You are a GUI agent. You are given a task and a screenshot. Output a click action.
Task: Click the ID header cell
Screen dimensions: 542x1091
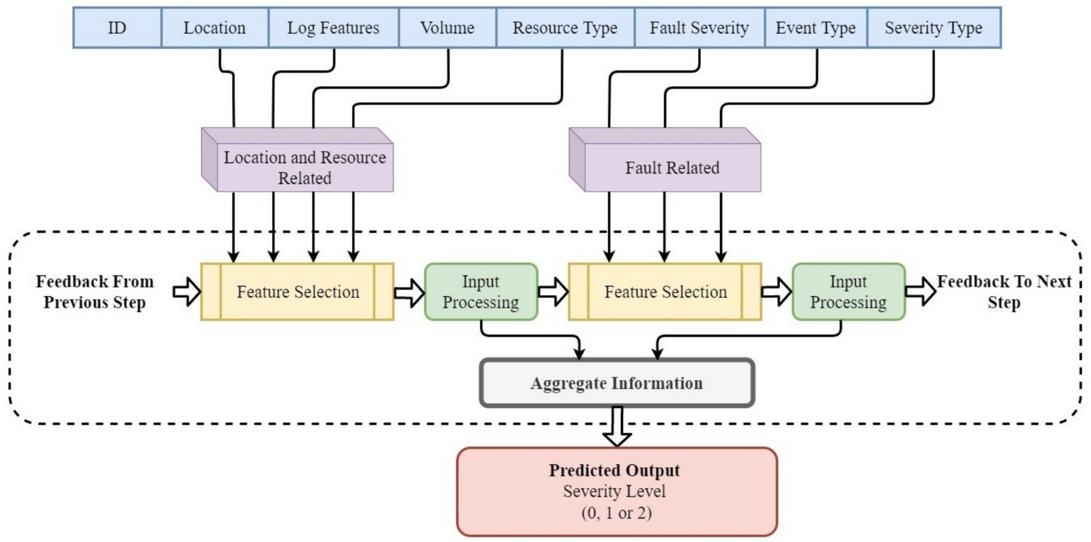coord(117,28)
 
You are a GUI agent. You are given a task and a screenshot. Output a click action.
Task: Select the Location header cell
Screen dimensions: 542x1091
coord(214,28)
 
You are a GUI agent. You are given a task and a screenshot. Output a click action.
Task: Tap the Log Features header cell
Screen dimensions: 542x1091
coord(333,28)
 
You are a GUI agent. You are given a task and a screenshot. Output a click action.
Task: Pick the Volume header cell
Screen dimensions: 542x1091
coord(447,28)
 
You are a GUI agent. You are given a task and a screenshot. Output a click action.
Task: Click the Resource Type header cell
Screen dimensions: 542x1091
coord(565,28)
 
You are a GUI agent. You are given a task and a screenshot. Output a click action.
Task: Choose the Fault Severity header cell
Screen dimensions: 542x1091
coord(699,28)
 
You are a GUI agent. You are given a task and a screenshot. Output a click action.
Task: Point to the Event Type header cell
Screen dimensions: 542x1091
coord(816,28)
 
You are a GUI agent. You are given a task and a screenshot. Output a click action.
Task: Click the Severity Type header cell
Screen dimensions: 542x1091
coord(933,28)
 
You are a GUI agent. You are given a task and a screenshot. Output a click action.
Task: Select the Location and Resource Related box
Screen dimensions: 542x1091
coord(305,167)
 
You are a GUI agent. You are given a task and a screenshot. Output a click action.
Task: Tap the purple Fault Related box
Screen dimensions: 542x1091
coord(672,167)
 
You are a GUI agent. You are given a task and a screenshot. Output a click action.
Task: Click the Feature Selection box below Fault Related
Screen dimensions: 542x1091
coord(665,292)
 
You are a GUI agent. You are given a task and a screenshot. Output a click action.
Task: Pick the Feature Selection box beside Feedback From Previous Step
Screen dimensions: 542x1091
coord(297,292)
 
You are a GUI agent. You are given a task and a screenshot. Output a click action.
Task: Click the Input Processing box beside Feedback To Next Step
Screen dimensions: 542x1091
coord(848,292)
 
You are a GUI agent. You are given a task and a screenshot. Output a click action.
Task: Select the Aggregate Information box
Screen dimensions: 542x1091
coord(616,384)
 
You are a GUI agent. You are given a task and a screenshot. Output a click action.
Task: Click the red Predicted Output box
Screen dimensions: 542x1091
coord(616,492)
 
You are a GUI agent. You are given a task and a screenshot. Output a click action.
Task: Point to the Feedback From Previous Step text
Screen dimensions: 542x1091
coord(95,292)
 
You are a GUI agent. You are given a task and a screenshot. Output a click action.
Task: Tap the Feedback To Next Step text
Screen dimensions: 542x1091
coord(1004,292)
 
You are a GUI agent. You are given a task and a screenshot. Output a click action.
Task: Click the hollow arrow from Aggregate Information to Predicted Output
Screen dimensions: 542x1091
coord(617,427)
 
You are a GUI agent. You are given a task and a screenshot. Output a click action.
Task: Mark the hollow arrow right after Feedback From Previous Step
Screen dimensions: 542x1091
coord(186,292)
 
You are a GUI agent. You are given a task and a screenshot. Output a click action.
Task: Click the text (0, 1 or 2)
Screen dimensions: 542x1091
coord(616,513)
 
